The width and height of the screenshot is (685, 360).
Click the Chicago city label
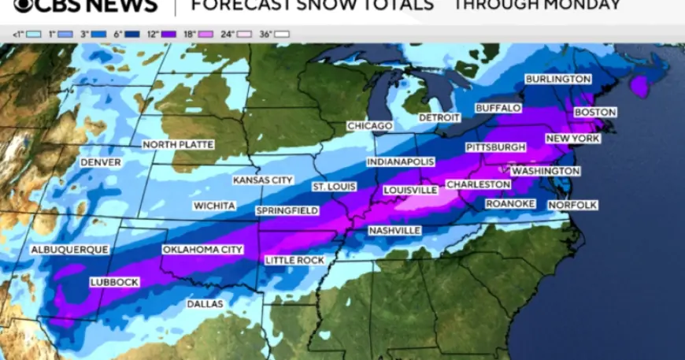[370, 126]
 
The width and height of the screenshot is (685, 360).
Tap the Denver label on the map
[101, 162]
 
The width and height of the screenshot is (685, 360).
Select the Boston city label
[594, 113]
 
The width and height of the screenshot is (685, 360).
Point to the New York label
[572, 139]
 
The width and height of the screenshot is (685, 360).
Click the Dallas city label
[205, 304]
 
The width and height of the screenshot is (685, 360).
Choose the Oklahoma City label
[202, 250]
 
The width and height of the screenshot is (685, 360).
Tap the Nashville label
[394, 230]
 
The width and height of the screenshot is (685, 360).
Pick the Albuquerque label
[69, 250]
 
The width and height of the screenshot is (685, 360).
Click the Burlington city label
[558, 80]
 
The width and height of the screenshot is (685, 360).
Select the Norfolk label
[572, 205]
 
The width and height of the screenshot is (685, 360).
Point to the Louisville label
[409, 190]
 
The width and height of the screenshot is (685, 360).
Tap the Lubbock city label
[114, 282]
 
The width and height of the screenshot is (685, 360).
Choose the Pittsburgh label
[495, 147]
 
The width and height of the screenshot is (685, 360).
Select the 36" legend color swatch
[281, 35]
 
